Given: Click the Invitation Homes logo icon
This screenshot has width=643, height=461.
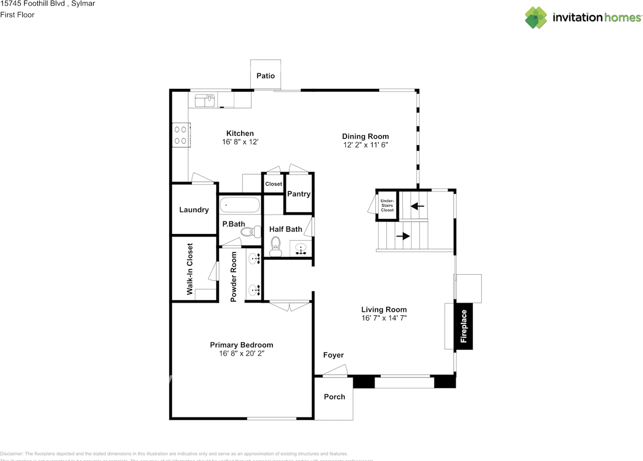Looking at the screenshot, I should [536, 18].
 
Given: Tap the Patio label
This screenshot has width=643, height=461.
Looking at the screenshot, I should [266, 76].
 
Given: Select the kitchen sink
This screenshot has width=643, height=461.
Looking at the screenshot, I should [204, 100].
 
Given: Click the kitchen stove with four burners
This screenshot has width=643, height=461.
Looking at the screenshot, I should [181, 135].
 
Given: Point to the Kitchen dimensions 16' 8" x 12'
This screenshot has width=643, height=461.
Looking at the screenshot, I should [240, 142].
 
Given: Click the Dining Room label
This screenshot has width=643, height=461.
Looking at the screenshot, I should [365, 136].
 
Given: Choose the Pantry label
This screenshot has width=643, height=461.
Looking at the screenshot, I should [299, 194].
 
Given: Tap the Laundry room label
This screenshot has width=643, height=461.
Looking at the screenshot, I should [194, 210].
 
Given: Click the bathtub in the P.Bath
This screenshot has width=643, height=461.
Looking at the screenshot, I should [240, 205].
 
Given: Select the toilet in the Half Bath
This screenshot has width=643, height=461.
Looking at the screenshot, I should [275, 244].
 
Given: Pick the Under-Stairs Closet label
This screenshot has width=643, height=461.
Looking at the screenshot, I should [387, 205].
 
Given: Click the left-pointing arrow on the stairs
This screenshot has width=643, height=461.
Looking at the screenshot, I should [417, 206].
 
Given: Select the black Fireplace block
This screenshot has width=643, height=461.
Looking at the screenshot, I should [464, 326].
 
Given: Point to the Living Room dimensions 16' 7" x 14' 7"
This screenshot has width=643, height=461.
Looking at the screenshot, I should [384, 318].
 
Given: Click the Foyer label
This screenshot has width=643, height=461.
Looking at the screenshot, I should [334, 355].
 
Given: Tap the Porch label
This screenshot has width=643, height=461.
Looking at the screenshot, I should [334, 397].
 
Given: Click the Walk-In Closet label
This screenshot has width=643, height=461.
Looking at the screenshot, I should [190, 269].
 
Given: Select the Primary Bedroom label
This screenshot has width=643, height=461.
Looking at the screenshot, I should [242, 345].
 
